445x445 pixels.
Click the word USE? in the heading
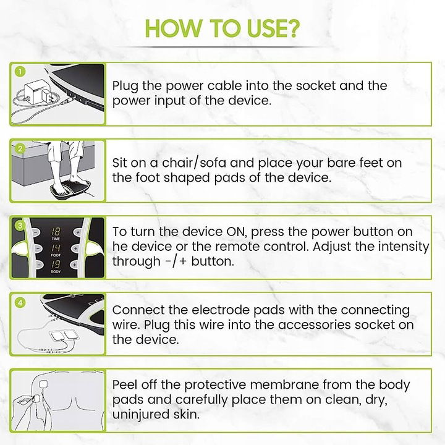(x=273, y=28)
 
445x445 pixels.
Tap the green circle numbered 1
(x=20, y=71)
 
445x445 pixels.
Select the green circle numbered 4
(x=20, y=302)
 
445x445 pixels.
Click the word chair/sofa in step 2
(x=194, y=163)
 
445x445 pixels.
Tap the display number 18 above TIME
(x=56, y=232)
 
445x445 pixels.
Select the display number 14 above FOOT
(x=56, y=248)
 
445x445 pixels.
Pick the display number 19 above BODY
(x=56, y=265)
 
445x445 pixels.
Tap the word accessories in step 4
(x=314, y=324)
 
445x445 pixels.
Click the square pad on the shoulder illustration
(x=44, y=384)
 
